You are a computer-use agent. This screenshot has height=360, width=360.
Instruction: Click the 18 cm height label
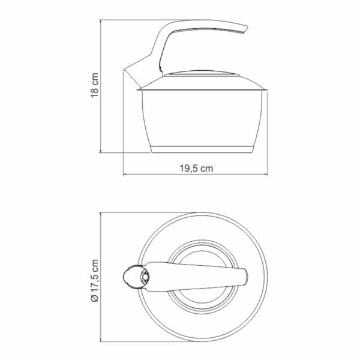tap(94, 87)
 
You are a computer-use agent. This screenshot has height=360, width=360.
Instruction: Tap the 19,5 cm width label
tap(196, 169)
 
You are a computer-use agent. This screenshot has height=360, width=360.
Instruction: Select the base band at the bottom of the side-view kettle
tap(202, 148)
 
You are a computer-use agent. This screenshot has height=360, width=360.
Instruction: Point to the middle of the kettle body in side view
tap(202, 117)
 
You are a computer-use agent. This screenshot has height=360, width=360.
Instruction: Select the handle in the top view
tap(198, 276)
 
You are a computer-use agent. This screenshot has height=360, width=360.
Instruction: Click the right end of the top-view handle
tap(245, 277)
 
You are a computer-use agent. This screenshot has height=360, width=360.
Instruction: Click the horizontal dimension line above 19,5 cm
tap(196, 175)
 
